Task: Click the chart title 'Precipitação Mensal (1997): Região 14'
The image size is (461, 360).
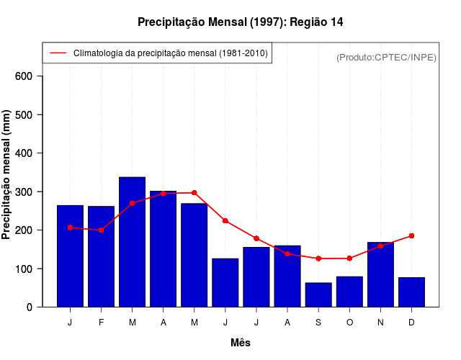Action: tap(240, 22)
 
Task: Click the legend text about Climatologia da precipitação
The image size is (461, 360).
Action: tap(170, 53)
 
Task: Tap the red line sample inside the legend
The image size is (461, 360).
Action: tap(58, 53)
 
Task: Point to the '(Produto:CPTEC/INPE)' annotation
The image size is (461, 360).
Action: tap(386, 57)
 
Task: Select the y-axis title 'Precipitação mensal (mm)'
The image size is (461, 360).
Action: tap(7, 174)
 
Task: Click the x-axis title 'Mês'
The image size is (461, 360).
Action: tap(241, 343)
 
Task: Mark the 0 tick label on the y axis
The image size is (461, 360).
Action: tap(32, 307)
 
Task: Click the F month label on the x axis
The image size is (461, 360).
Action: tap(101, 323)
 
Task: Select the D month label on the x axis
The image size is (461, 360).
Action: tap(411, 323)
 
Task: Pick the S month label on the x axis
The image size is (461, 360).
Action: tap(318, 323)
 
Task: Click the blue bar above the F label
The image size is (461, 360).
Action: tap(101, 256)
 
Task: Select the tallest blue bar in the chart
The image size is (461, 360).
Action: tap(133, 242)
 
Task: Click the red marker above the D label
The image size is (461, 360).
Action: tap(411, 235)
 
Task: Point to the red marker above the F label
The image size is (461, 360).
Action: tap(101, 230)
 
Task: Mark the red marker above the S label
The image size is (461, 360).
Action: tap(318, 258)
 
